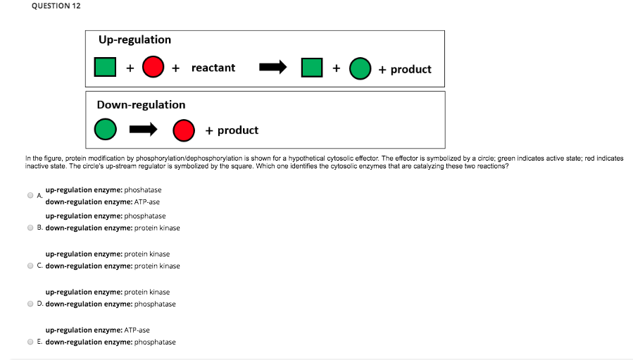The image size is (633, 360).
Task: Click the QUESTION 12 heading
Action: pyautogui.click(x=56, y=6)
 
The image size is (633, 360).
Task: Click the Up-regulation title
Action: pyautogui.click(x=134, y=39)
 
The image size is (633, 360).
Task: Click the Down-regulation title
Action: pyautogui.click(x=142, y=104)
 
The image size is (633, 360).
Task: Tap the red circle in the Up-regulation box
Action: pyautogui.click(x=153, y=68)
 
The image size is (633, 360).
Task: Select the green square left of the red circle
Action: pyautogui.click(x=106, y=68)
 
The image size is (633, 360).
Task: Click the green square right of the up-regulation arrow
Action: pyautogui.click(x=312, y=68)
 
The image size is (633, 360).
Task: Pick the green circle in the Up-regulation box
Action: pyautogui.click(x=361, y=68)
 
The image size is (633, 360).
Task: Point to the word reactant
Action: pyautogui.click(x=213, y=68)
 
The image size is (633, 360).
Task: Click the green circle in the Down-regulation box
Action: pyautogui.click(x=106, y=130)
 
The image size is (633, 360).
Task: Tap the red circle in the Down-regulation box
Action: pyautogui.click(x=184, y=130)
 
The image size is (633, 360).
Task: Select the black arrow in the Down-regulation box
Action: pyautogui.click(x=144, y=130)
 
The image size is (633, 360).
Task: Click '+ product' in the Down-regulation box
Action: pyautogui.click(x=232, y=130)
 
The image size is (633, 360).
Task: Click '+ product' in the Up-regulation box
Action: pyautogui.click(x=405, y=69)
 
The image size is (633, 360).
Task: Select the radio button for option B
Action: pyautogui.click(x=30, y=228)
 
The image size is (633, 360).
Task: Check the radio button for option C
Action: pyautogui.click(x=30, y=266)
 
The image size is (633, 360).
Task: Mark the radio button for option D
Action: pyautogui.click(x=30, y=304)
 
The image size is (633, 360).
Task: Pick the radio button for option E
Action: pyautogui.click(x=30, y=342)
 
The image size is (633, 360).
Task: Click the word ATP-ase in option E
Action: pyautogui.click(x=137, y=330)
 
